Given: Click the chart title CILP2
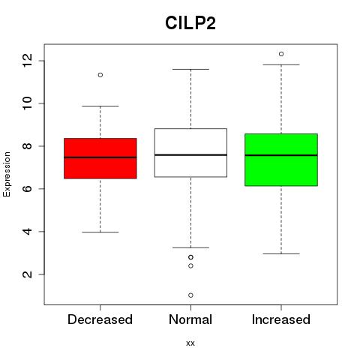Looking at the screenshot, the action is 190,23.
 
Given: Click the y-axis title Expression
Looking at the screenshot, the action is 7,174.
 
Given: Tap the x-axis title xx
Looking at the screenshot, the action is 190,343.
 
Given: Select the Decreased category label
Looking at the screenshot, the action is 100,319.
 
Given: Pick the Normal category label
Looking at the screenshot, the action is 190,319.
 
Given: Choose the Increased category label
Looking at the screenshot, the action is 281,319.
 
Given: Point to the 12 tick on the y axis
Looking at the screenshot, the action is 27,61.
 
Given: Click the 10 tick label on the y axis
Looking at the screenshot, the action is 27,103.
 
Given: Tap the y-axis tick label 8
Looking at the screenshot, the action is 27,146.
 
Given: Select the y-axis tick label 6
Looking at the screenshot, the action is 27,189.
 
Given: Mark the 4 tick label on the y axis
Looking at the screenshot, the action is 27,232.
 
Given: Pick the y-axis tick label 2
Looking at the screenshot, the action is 27,274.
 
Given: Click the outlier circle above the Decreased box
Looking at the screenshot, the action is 100,75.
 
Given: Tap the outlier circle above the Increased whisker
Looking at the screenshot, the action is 281,54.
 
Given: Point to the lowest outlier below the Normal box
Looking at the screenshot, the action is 190,295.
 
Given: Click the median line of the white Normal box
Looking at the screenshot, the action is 190,155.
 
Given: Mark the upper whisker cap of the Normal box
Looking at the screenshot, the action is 190,69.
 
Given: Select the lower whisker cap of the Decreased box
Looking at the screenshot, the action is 100,232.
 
